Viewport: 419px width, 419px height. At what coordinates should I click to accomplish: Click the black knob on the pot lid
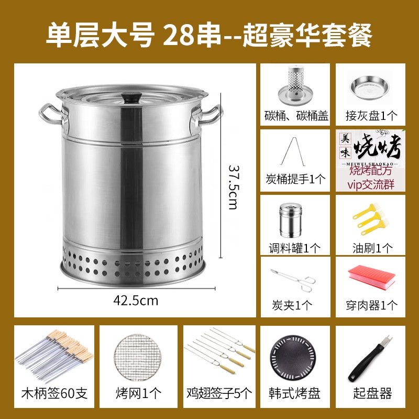click(131, 97)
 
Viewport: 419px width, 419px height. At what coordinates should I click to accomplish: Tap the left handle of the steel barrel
click(51, 115)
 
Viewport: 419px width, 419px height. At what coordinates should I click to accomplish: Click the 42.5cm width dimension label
click(136, 301)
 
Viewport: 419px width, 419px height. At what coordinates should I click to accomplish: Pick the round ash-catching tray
click(370, 87)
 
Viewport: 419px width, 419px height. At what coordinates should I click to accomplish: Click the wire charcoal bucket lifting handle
click(293, 151)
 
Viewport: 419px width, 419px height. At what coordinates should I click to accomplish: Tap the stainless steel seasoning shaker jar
click(291, 220)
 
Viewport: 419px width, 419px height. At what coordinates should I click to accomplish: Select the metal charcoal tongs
click(293, 280)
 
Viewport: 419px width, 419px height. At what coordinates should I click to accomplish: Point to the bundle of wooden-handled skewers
click(54, 353)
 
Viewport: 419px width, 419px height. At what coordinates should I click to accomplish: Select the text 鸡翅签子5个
click(219, 393)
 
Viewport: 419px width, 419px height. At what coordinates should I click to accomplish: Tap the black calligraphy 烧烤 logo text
click(378, 147)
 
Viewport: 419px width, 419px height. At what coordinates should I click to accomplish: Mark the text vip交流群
click(371, 184)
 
